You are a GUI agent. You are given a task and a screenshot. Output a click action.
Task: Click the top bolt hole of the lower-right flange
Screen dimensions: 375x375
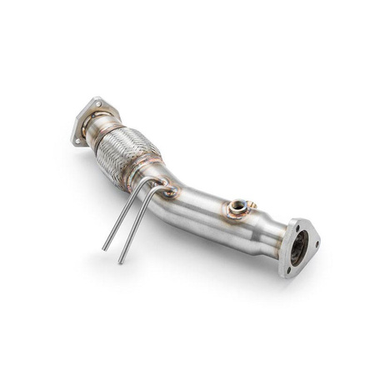point(294,224)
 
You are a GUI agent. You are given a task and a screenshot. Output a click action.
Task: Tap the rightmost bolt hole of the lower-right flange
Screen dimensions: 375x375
point(317,244)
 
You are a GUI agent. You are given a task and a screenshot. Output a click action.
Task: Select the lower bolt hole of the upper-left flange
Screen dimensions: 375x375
point(78,141)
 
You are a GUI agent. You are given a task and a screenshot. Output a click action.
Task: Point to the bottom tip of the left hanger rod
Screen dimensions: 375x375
point(104,249)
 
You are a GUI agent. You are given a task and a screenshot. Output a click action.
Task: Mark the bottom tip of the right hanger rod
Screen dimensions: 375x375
point(121,262)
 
